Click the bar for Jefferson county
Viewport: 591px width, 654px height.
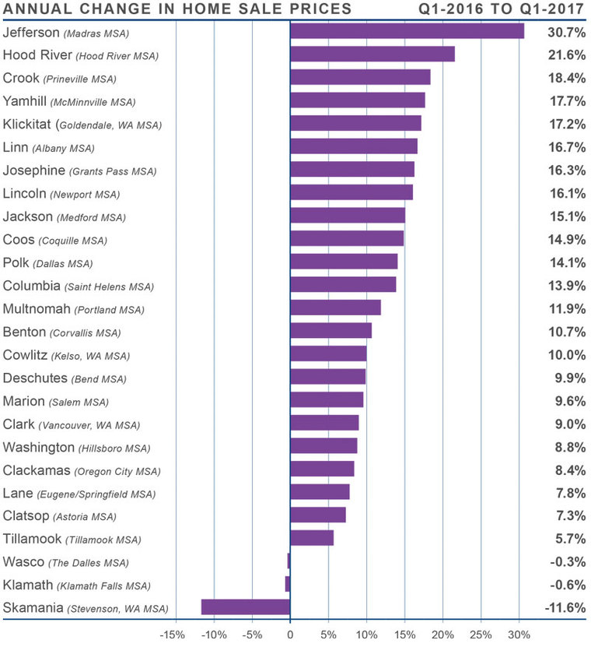coord(407,31)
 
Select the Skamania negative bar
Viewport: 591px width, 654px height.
coord(246,607)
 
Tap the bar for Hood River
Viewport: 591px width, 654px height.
coord(372,54)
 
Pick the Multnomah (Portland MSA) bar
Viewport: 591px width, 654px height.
coord(335,308)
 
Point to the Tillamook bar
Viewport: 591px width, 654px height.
coord(311,538)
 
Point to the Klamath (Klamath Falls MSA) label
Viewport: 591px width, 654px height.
coord(76,585)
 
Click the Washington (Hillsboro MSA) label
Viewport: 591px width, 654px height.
coord(77,447)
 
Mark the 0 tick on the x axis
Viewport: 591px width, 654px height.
coord(290,635)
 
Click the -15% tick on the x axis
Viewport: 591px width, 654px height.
coord(172,635)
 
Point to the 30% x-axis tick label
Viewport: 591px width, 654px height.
coord(519,635)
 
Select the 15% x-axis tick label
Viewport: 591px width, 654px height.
coord(404,635)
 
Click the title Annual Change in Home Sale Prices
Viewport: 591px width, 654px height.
coord(177,10)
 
